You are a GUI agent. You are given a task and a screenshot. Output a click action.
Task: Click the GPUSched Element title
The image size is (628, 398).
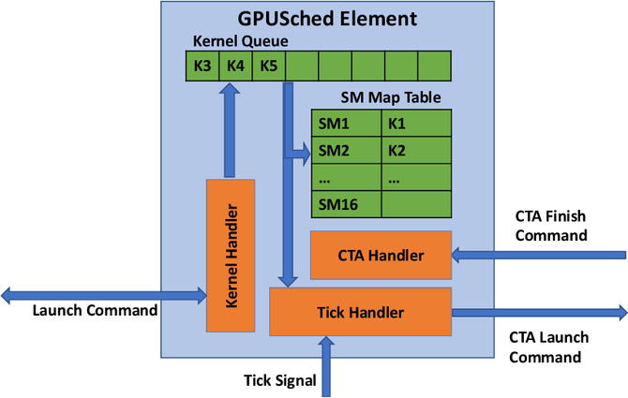[x=325, y=18]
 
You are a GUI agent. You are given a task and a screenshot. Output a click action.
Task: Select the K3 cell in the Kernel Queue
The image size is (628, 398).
[x=202, y=66]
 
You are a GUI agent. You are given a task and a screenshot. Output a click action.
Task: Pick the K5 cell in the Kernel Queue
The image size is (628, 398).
[x=268, y=66]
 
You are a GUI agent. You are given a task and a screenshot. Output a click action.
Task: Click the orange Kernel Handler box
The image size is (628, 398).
[x=231, y=253]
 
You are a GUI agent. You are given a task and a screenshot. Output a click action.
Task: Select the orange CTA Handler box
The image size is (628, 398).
[x=381, y=255]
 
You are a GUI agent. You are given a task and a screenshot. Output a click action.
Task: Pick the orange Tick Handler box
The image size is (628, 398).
[x=360, y=311]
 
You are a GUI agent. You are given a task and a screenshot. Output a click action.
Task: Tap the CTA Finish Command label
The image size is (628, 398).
[x=551, y=225]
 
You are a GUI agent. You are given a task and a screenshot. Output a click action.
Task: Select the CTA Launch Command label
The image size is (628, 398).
[x=545, y=346]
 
